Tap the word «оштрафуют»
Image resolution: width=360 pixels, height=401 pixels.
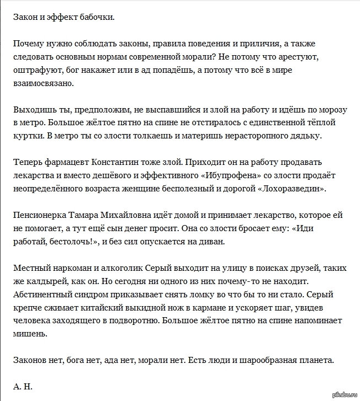pos(35,70)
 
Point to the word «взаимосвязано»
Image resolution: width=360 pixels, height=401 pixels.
pos(42,83)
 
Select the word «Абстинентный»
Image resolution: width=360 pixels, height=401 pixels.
pos(44,295)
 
